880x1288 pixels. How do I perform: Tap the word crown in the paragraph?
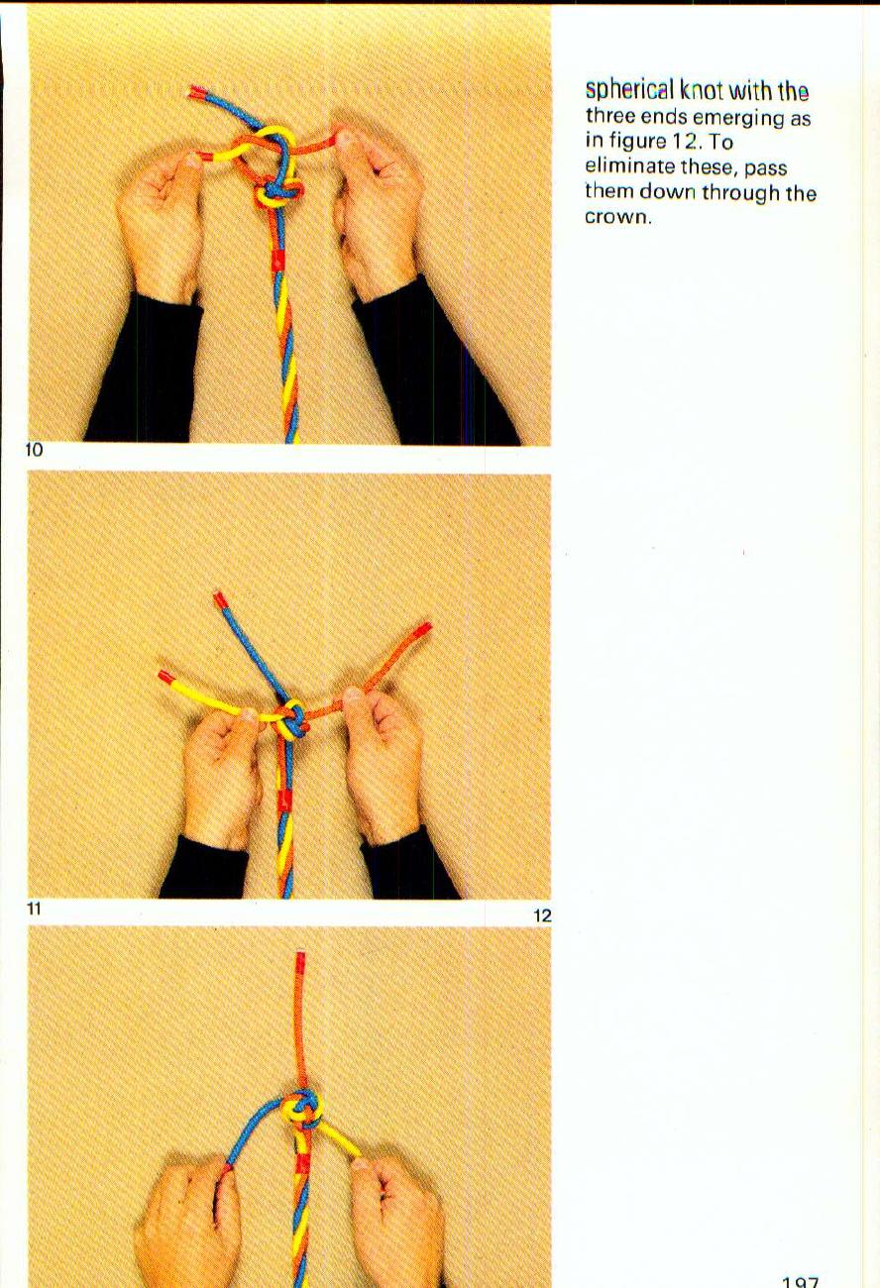coord(615,217)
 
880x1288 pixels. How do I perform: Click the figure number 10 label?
coord(35,451)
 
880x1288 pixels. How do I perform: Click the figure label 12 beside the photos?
coord(541,916)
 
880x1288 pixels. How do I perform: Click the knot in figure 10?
coord(275,183)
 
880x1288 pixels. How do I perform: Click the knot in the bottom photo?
coord(301,1112)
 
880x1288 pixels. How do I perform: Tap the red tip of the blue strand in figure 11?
coord(218,598)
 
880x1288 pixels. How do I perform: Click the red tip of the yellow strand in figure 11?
coord(166,678)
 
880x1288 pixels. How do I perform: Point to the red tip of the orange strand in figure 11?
coord(423,629)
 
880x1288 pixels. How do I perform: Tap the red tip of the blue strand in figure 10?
coord(196,92)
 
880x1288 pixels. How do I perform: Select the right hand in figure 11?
coord(382,763)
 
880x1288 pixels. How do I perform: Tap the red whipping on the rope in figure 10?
coord(278,262)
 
